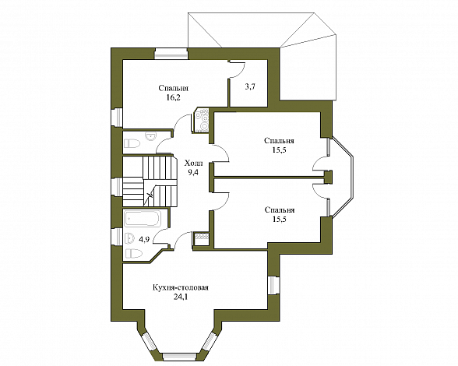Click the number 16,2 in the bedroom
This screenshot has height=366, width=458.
pos(173,97)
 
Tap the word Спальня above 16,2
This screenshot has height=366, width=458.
pos(174,88)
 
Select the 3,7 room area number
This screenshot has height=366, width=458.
pos(250,86)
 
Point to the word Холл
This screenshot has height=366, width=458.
pos(194,164)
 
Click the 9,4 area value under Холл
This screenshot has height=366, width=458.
pos(193,172)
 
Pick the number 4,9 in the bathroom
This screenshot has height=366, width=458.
pos(144,240)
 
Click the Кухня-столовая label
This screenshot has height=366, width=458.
pos(181,287)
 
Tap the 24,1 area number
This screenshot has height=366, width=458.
pos(180,297)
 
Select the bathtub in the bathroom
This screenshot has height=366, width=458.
pos(143,219)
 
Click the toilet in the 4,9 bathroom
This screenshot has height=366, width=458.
pos(133,253)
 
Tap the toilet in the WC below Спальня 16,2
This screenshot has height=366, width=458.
pos(132,143)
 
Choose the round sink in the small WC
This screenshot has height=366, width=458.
pos(151,136)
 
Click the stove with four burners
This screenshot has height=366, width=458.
pos(202,121)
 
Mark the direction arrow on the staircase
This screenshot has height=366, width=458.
pos(148,196)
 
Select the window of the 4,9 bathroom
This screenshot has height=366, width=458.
pos(118,237)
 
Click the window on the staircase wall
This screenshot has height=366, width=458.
pos(118,186)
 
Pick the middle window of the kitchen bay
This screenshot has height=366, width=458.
pos(179,357)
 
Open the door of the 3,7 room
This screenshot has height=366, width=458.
pos(238,69)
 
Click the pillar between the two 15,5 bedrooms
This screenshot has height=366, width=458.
pos(329,177)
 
